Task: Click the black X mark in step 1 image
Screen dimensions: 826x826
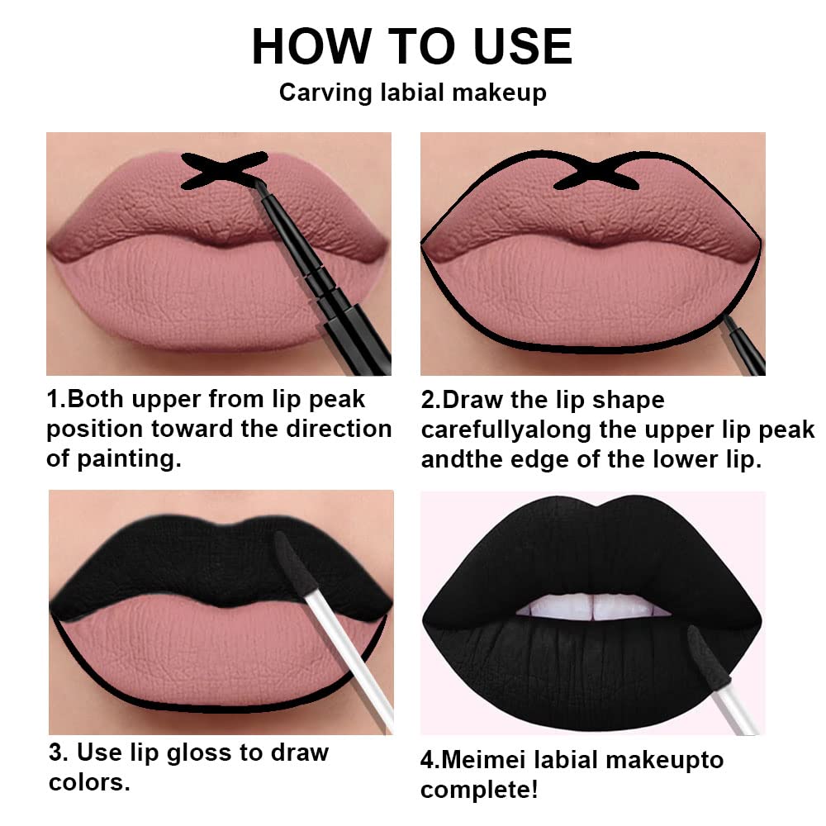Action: point(224,170)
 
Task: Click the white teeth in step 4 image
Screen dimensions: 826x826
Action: point(591,607)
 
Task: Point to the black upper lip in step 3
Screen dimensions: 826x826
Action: point(165,562)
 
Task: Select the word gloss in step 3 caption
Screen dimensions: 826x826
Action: point(239,752)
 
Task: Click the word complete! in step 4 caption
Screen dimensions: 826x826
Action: point(479,790)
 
